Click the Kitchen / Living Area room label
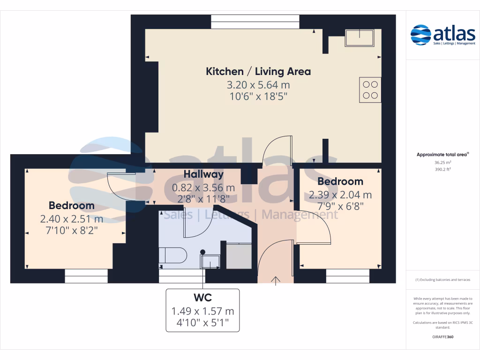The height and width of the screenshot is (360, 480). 258,71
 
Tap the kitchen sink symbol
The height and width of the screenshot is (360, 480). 360,37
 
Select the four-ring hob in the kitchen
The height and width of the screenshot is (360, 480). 370,90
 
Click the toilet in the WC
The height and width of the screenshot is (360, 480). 172,256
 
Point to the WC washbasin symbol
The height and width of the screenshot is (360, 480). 210,261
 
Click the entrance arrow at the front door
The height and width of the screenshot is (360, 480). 276,280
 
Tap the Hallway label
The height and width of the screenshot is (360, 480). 203,174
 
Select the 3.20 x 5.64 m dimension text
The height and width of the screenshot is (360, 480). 258,85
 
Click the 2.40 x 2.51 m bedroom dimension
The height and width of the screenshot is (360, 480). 72,219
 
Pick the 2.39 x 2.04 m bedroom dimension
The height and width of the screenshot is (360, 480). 340,195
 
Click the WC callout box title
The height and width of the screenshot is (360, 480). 203,298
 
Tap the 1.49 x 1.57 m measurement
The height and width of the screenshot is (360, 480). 203,311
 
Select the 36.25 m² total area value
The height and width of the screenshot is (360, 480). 442,163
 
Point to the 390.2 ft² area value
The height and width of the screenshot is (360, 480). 442,170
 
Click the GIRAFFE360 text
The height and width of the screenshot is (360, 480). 442,337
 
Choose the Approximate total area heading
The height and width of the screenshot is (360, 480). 442,154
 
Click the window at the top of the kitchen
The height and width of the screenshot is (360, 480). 255,22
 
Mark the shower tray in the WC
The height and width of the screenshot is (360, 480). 239,256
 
